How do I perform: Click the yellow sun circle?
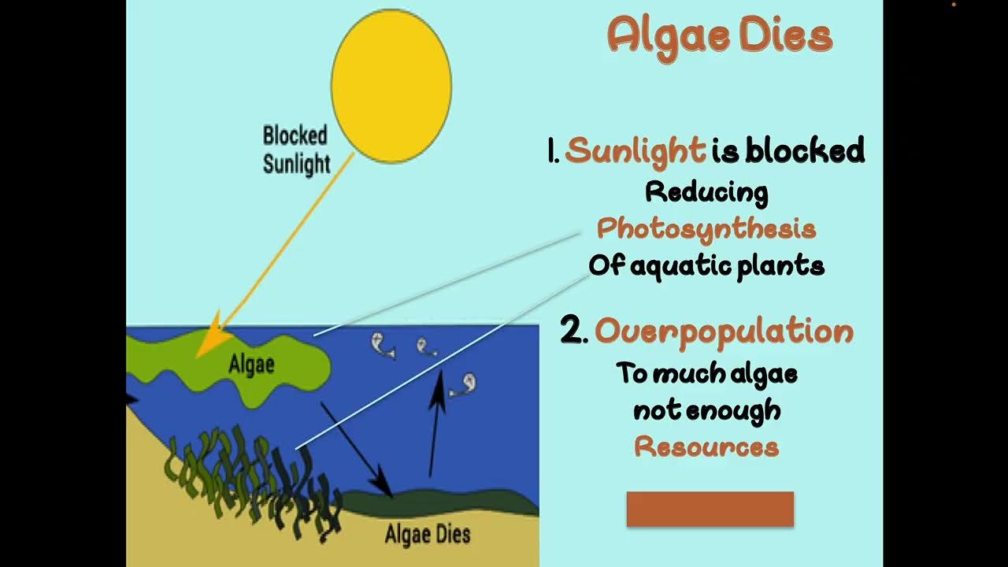(391, 86)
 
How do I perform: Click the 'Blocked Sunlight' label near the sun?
(295, 150)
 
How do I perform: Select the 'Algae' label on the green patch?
(251, 365)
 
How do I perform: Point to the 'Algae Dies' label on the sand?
(428, 535)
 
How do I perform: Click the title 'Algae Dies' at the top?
(719, 36)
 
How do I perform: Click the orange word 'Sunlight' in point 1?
(636, 150)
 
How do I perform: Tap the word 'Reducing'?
(706, 191)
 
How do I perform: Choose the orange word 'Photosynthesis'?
(706, 229)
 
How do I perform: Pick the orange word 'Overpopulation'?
(724, 331)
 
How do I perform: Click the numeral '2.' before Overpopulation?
(574, 331)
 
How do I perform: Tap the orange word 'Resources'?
(706, 447)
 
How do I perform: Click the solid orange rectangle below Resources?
(710, 509)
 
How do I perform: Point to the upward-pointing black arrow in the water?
(434, 425)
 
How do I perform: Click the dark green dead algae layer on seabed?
(449, 503)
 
